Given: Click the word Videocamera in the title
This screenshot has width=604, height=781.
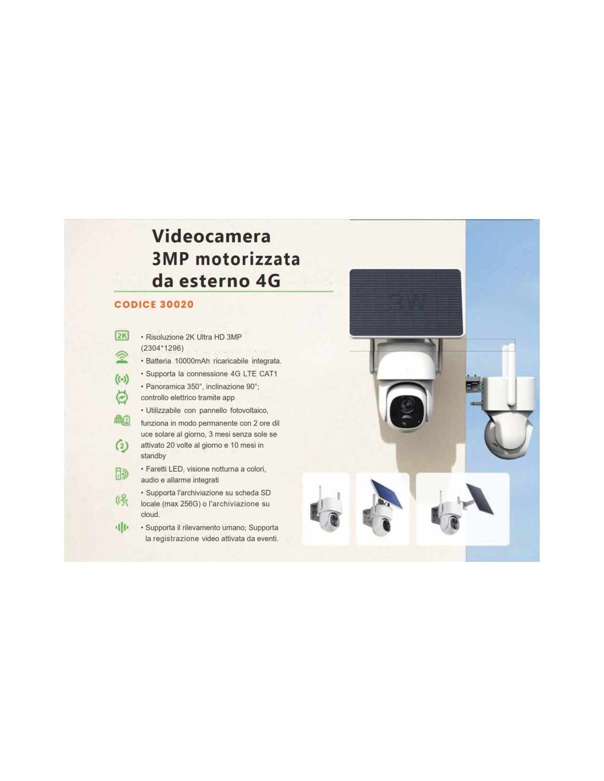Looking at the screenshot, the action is coord(211,236).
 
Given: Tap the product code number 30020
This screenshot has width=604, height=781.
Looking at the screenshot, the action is coord(176,304).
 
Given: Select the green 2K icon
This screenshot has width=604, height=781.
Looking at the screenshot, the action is coord(122,336).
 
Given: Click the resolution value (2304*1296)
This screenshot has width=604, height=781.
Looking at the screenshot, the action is coord(162,348).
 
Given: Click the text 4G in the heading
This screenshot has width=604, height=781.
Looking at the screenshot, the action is coord(267,281).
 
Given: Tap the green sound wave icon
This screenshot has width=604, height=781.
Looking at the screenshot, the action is coord(122,528).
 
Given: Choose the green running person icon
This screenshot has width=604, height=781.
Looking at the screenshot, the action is coord(122,501).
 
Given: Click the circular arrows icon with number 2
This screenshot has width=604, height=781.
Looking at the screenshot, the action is coord(122,446).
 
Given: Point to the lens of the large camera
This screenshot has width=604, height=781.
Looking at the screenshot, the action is coord(402,405).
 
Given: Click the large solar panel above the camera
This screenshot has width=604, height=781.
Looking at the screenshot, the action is coord(405,304).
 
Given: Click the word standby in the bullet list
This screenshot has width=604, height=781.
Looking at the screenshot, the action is coord(153,456).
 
